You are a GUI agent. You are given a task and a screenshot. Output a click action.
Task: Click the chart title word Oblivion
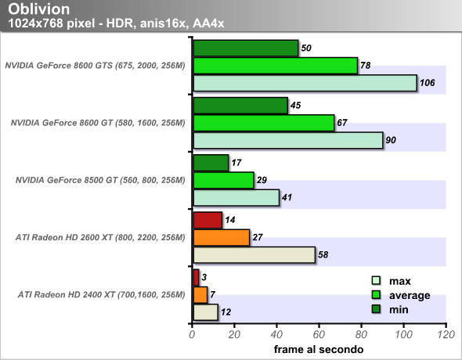(x=38, y=9)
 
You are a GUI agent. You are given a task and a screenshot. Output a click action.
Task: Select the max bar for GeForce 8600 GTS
(x=305, y=83)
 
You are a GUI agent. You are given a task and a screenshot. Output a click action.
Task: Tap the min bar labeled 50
(x=246, y=49)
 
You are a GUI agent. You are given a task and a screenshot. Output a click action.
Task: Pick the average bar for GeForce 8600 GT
(x=264, y=123)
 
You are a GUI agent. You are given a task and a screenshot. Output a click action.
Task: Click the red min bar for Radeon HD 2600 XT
(x=208, y=220)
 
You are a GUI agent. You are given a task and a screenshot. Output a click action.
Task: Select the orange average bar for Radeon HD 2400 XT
(x=200, y=295)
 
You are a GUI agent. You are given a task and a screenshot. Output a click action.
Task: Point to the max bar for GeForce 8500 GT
(x=236, y=197)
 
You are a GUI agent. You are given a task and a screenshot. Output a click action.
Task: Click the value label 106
(x=428, y=83)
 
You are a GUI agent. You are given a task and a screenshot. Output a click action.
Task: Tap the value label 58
(x=323, y=254)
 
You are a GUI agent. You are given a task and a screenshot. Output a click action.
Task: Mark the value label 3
(x=204, y=277)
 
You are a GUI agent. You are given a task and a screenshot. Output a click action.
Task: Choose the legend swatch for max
(x=377, y=280)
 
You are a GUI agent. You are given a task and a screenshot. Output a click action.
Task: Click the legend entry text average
(x=410, y=295)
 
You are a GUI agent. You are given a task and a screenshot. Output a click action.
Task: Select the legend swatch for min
(x=377, y=309)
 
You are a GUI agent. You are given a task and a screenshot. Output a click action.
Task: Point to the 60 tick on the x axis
(x=319, y=326)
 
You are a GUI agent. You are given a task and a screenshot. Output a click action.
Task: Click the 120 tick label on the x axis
(x=446, y=335)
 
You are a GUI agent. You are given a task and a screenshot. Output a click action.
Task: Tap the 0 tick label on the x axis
(x=192, y=335)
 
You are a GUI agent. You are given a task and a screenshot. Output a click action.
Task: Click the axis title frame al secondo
(x=319, y=349)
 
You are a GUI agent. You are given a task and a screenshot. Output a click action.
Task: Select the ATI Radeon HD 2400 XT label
(x=101, y=295)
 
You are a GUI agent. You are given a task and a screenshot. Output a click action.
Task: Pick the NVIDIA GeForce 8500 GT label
(x=100, y=180)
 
